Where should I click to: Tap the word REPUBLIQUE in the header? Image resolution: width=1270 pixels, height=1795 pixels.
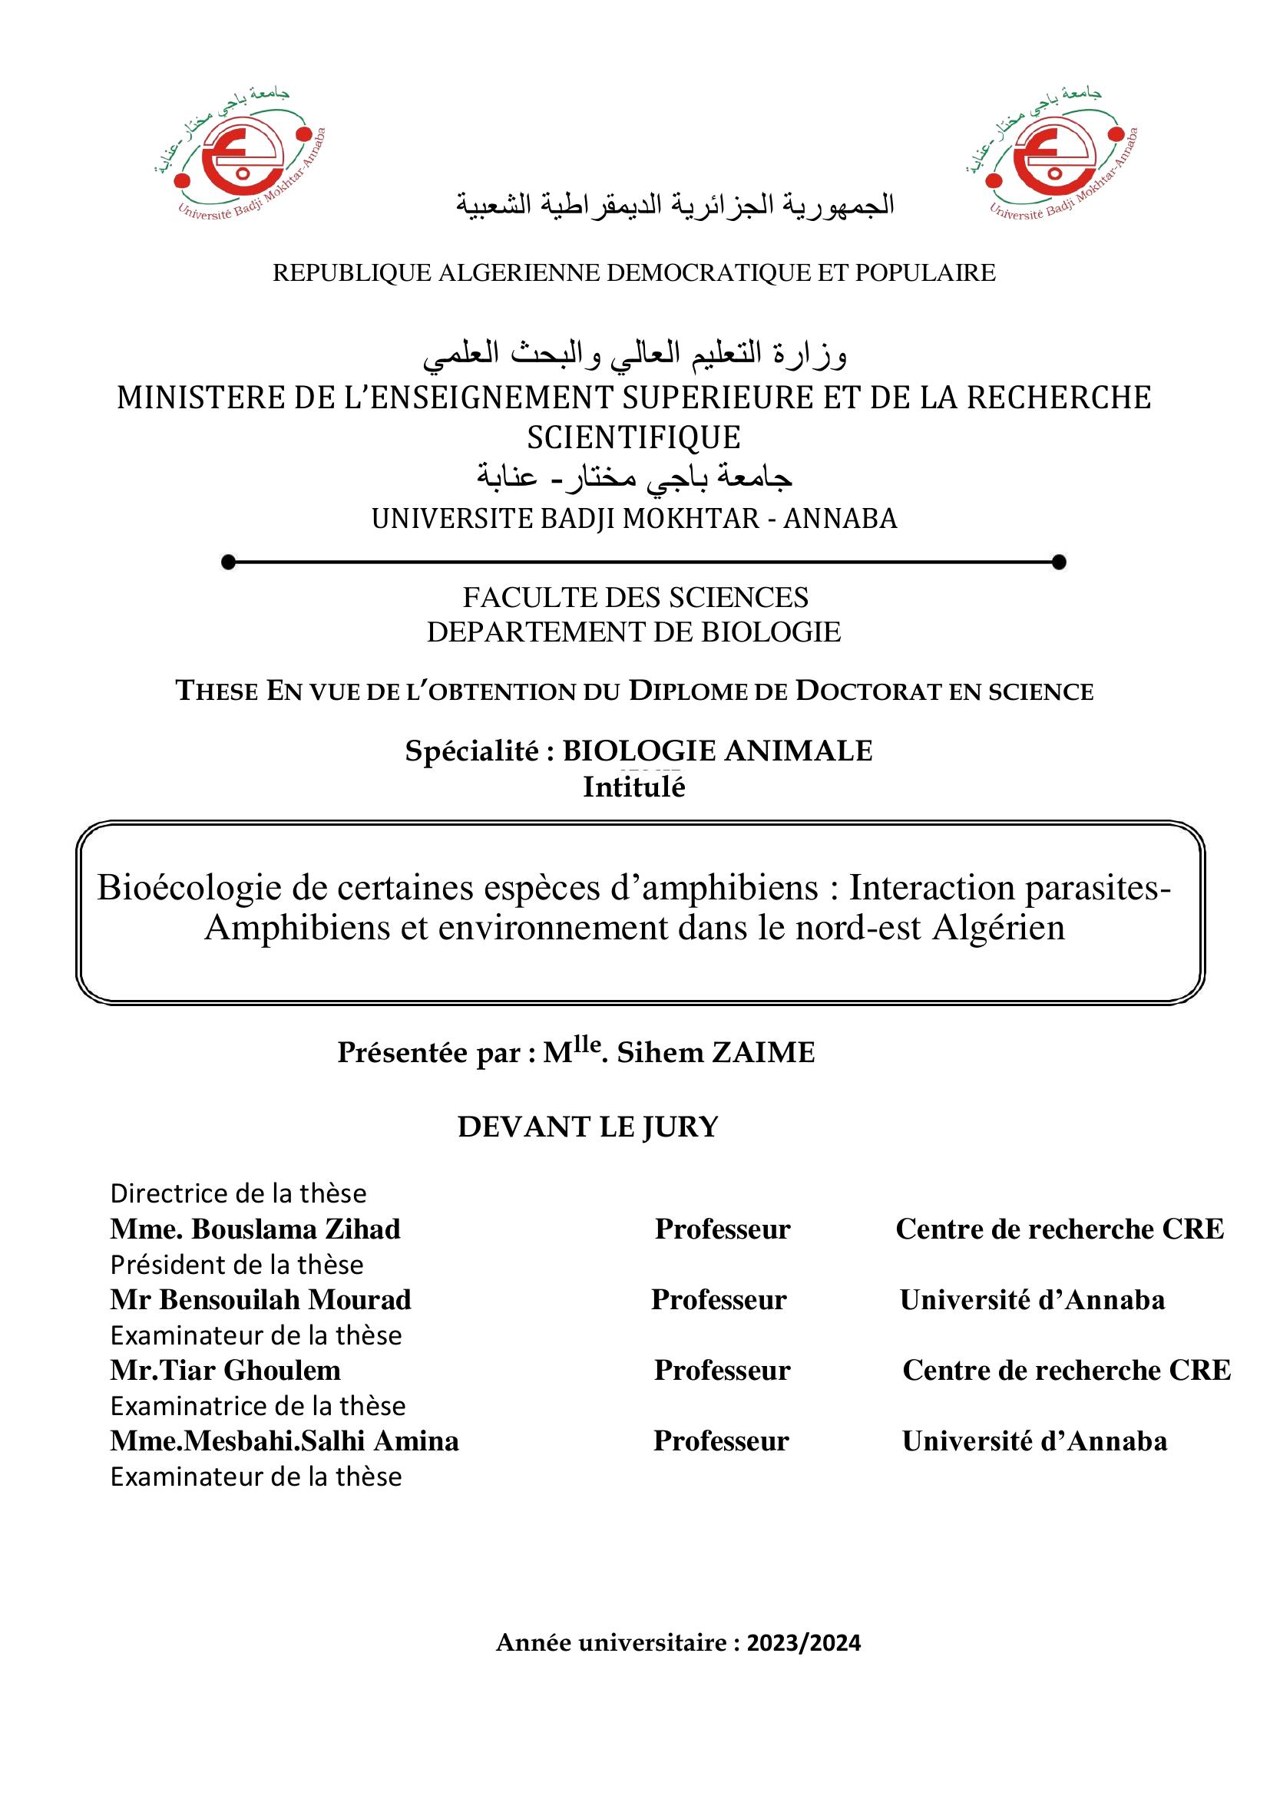tap(352, 273)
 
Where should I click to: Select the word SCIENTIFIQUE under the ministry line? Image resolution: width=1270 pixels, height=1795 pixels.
tap(633, 437)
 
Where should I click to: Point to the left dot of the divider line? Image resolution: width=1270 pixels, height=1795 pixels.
tap(228, 561)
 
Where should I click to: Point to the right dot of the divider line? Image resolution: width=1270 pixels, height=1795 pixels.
tap(1060, 561)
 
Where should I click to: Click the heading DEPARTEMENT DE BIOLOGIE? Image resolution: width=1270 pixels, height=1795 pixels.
tap(633, 632)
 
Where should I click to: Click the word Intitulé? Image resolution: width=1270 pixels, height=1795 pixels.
tap(633, 787)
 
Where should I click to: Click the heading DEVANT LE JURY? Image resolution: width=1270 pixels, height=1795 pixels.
tap(588, 1127)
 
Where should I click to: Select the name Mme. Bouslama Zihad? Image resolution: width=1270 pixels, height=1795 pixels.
tap(255, 1229)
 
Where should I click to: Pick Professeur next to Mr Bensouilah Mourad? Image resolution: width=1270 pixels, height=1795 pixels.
tap(719, 1299)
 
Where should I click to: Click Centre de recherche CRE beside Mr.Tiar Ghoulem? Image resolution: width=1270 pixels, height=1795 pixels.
tap(1067, 1370)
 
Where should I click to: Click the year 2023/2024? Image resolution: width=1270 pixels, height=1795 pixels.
tap(804, 1642)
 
